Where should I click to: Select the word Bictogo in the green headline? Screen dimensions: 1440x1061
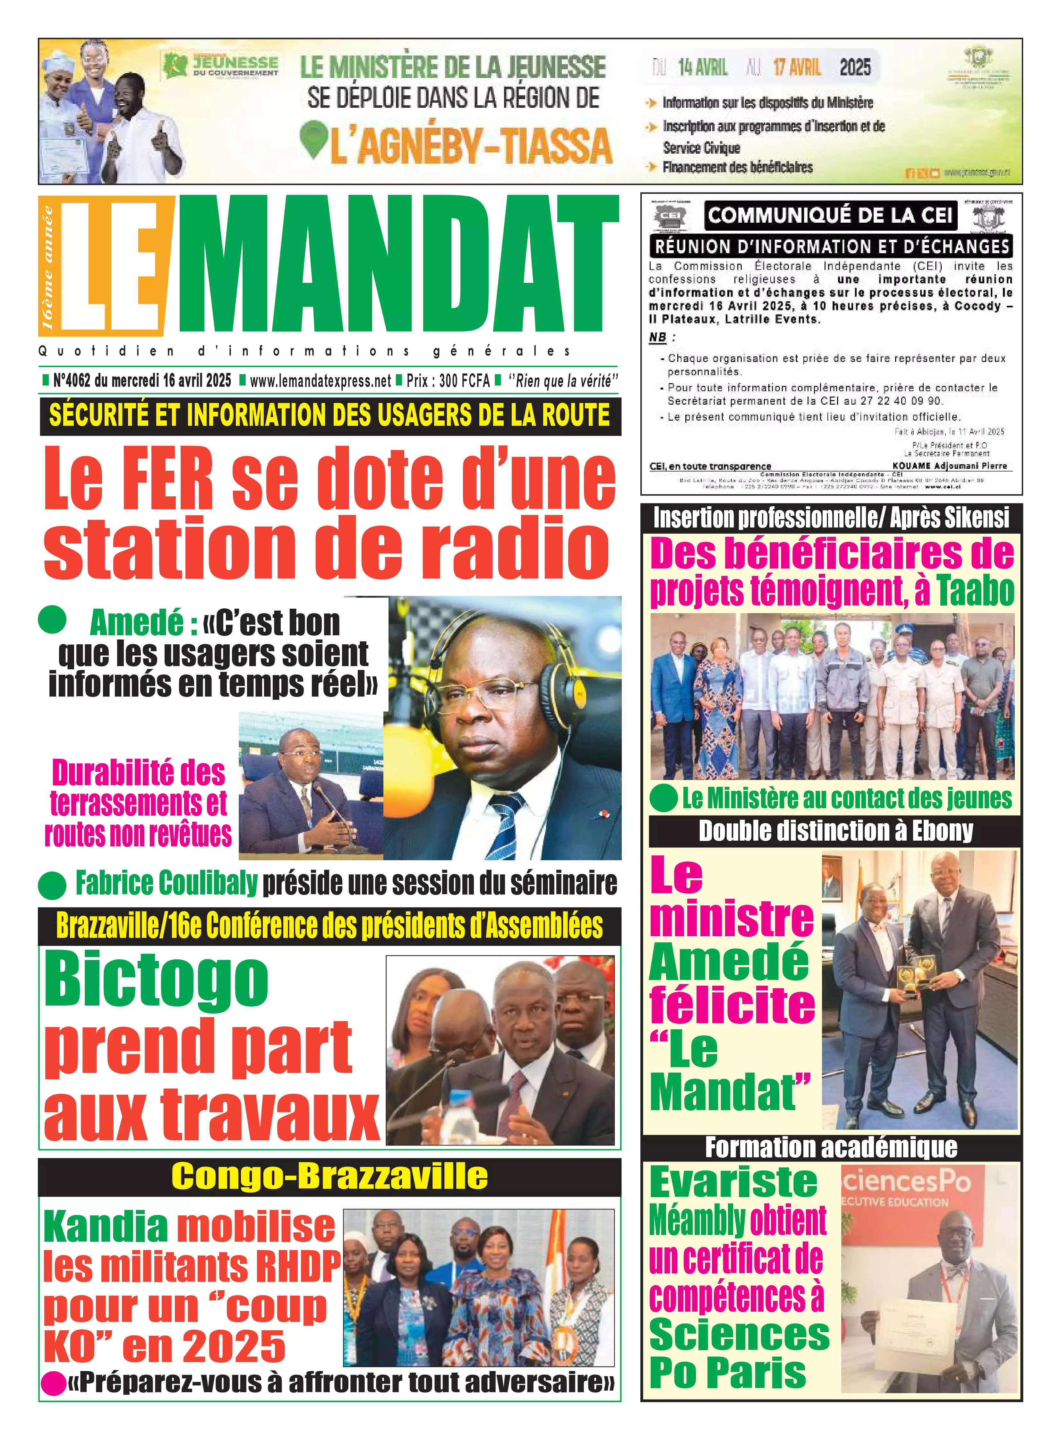pos(156,981)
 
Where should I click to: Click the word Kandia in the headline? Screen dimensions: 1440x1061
pos(106,1227)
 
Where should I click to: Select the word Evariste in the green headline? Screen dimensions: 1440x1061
pos(733,1182)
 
